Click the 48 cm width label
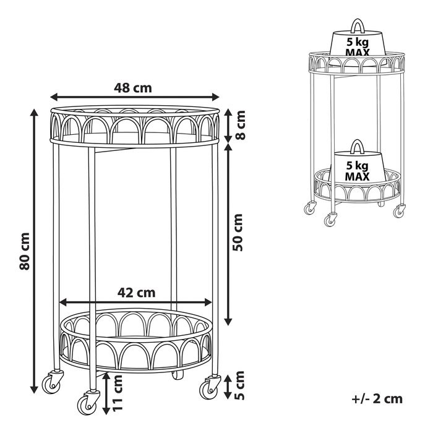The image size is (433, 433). click(133, 88)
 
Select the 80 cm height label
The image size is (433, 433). click(25, 251)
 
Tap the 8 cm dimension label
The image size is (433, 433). click(239, 125)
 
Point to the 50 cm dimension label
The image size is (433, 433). click(238, 232)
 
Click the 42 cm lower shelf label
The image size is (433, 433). click(137, 293)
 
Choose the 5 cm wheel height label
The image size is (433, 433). click(239, 385)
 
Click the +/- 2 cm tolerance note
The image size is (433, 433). click(377, 399)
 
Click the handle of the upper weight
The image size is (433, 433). click(357, 26)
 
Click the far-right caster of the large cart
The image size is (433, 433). click(209, 387)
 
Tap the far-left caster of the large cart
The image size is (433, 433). click(51, 382)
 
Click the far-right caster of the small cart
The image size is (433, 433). click(400, 211)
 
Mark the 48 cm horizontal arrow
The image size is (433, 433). click(134, 97)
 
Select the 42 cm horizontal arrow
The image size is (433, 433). click(136, 302)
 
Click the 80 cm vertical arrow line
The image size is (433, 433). click(34, 251)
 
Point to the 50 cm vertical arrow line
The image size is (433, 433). click(228, 234)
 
